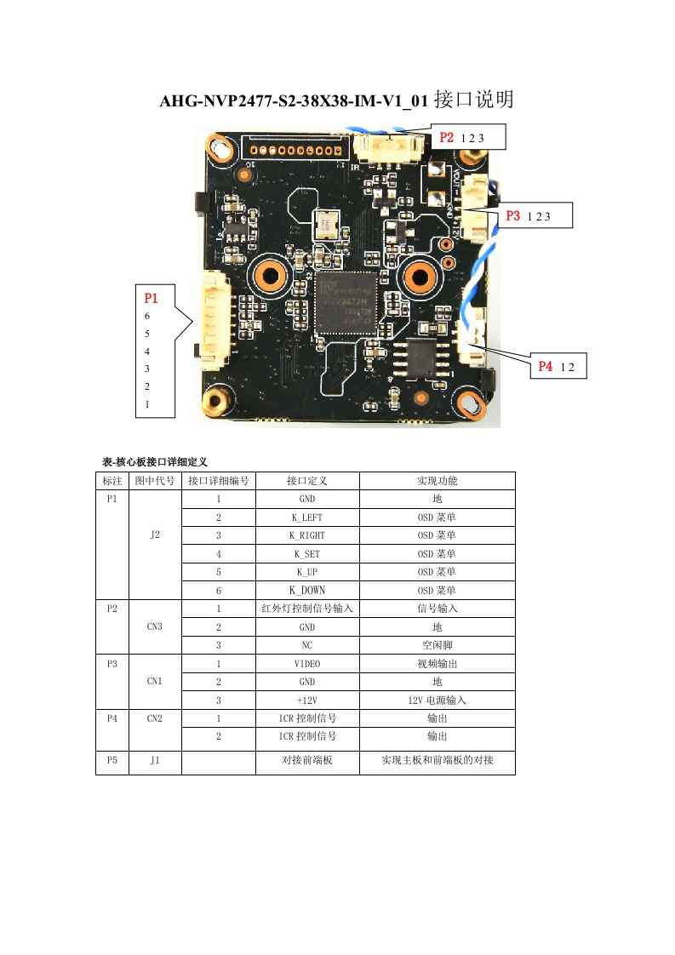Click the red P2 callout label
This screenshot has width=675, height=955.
click(447, 137)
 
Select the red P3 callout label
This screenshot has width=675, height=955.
click(512, 216)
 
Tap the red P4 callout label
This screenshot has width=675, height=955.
click(546, 367)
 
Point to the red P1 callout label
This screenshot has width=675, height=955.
click(152, 298)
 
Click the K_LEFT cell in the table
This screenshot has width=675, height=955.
click(306, 518)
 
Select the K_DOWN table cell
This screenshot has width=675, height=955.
click(306, 590)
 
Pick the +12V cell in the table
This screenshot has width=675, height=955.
click(306, 701)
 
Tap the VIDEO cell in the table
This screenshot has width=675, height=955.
click(306, 664)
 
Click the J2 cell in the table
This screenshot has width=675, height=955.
click(154, 535)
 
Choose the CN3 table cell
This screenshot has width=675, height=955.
click(154, 626)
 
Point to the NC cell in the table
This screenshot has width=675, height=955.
click(306, 645)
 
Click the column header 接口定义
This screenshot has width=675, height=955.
click(306, 481)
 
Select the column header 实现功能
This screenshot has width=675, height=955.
click(437, 481)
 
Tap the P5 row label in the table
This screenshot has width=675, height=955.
click(112, 761)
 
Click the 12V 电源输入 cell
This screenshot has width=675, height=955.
click(437, 701)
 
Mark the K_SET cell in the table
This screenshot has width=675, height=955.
click(306, 554)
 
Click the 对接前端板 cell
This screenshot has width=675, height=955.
click(306, 761)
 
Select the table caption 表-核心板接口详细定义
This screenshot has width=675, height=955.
click(155, 461)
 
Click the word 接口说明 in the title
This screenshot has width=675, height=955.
click(473, 100)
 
